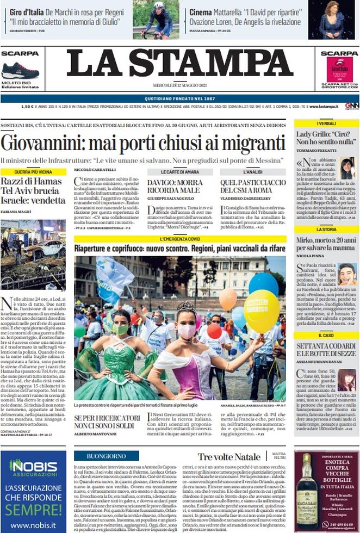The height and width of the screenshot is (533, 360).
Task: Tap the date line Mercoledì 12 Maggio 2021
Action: (x=179, y=85)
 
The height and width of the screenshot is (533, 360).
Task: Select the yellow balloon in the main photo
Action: (x=262, y=310)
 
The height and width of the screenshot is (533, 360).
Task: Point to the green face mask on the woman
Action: (x=120, y=330)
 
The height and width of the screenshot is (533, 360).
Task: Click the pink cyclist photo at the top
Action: (x=156, y=20)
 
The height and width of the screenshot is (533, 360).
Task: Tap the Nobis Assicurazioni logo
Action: (x=33, y=467)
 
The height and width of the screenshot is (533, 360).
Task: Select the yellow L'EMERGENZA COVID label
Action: (x=180, y=239)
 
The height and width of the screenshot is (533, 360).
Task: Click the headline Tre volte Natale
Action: (x=229, y=457)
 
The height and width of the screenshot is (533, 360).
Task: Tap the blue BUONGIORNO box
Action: (x=107, y=456)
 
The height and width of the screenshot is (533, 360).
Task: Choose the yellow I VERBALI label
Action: (x=326, y=123)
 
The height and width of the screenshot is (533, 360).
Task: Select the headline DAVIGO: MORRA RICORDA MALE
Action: (x=174, y=186)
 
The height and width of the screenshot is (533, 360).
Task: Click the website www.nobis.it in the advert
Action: (x=33, y=525)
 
